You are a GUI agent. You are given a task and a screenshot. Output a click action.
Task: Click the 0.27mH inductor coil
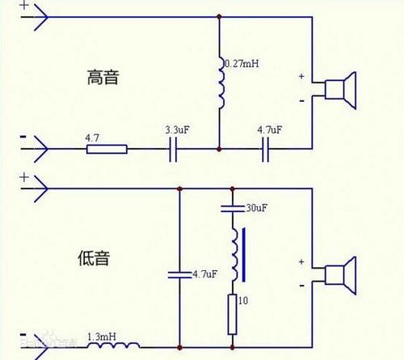[x=220, y=83]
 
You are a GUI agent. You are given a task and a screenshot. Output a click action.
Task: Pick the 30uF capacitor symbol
[x=233, y=209]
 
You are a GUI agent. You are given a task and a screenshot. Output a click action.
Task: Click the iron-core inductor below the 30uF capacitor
[x=234, y=255]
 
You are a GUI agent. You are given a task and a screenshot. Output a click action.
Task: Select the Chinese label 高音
[x=103, y=78]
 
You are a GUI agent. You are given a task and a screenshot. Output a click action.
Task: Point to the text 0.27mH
[x=241, y=63]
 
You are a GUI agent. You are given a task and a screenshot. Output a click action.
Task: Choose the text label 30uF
[x=256, y=209]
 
